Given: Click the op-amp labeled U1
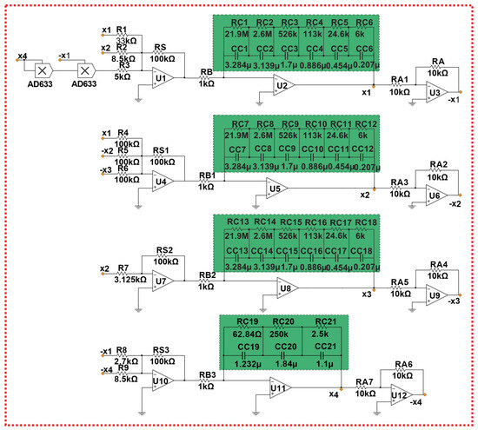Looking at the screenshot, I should [163, 77].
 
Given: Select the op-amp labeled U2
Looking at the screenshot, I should [282, 85].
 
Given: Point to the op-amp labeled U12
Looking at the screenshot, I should [399, 396].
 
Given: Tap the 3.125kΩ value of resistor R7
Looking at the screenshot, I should [129, 281].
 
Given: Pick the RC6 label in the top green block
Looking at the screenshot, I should [365, 22].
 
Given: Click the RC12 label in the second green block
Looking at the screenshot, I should [366, 125].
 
